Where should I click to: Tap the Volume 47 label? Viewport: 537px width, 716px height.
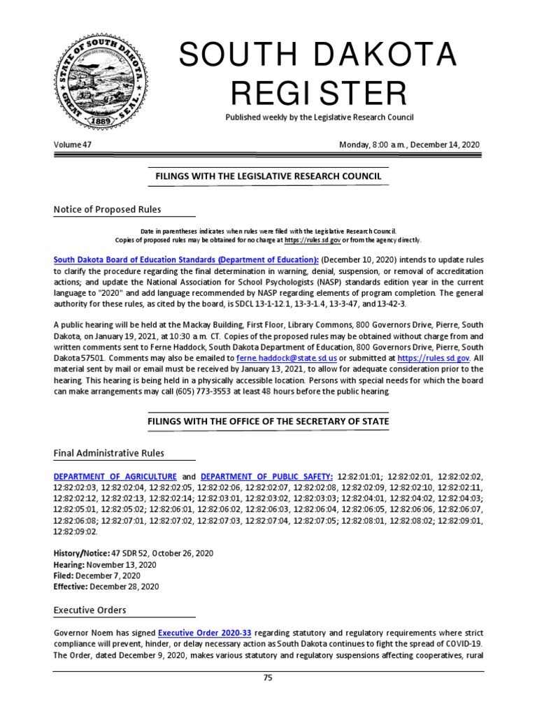point(73,145)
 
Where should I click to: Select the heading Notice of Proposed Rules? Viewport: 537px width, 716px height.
point(107,210)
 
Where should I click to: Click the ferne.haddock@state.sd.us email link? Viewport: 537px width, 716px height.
point(287,357)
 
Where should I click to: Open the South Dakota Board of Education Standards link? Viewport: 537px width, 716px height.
point(186,259)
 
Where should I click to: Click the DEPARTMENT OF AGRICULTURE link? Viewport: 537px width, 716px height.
point(115,475)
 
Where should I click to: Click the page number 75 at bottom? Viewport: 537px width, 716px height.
point(268,678)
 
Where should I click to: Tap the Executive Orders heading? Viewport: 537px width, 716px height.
point(90,610)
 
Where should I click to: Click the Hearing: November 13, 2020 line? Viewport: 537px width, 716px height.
point(105,564)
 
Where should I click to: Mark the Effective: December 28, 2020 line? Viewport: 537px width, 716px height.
point(106,587)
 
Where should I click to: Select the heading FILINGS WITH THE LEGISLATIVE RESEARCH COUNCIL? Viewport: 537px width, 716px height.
point(268,176)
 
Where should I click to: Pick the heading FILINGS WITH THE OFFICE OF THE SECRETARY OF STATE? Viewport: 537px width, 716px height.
point(268,422)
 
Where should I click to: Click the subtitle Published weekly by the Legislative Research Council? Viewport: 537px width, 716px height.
point(319,117)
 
